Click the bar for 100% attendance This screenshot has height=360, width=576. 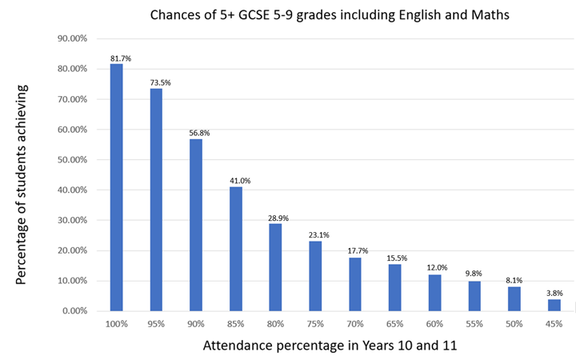[x=116, y=187]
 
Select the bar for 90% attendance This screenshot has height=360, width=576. [x=196, y=225]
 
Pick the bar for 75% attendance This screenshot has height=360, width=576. [x=315, y=276]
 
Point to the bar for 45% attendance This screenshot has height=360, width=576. [x=554, y=305]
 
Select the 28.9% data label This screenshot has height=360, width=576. [x=275, y=216]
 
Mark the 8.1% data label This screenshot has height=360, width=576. [x=514, y=279]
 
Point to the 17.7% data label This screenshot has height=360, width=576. [x=354, y=250]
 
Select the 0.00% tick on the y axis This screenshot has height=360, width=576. [x=72, y=310]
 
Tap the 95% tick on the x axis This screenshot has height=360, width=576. [x=156, y=324]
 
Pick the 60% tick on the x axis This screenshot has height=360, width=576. [x=434, y=324]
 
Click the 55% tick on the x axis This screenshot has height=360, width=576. [x=474, y=324]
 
